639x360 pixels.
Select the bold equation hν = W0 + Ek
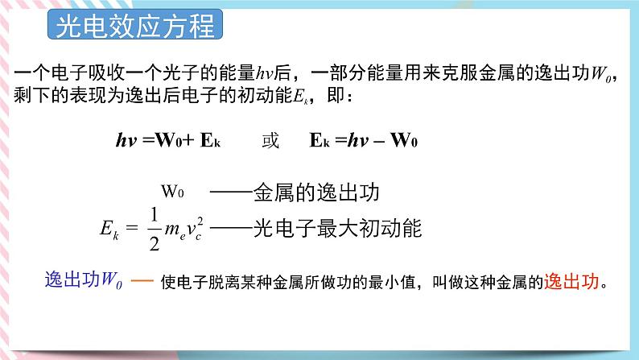click(169, 140)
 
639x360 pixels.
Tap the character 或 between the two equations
click(271, 140)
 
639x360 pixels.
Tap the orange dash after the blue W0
click(142, 282)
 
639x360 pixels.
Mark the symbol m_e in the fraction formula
click(179, 233)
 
